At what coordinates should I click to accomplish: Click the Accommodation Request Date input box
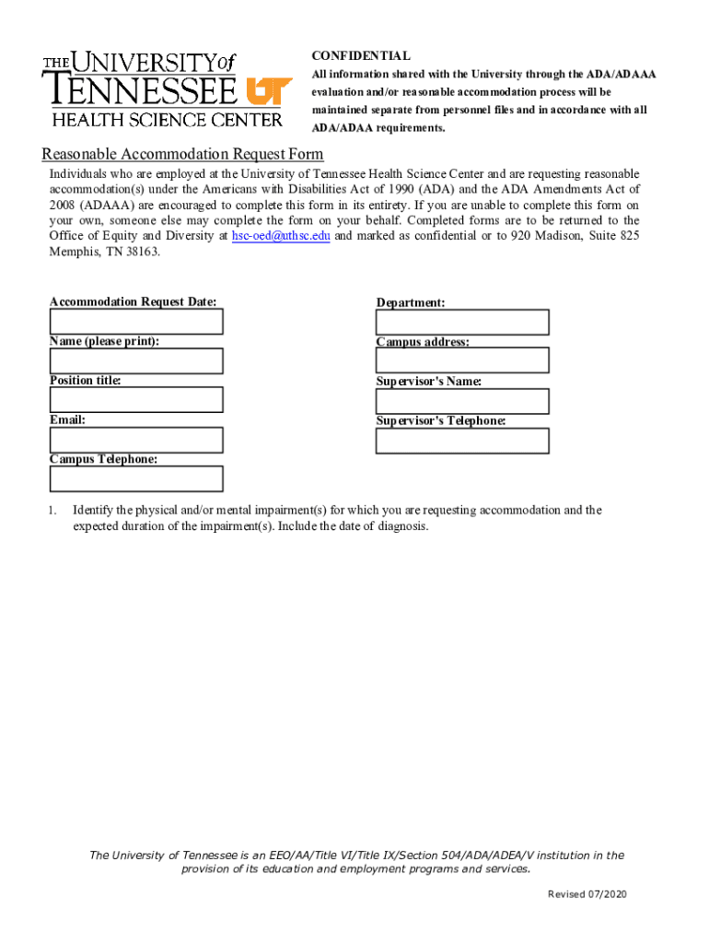[x=136, y=322]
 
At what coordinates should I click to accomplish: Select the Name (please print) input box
[x=136, y=361]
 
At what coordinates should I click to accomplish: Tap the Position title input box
[x=136, y=400]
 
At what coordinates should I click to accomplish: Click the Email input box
[x=136, y=440]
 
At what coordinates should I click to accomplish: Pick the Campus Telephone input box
[x=136, y=479]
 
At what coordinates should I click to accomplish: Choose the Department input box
[x=462, y=323]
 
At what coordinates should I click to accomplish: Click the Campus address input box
[x=462, y=360]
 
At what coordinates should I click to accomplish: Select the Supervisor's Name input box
[x=462, y=402]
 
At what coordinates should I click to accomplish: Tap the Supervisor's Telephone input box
[x=462, y=441]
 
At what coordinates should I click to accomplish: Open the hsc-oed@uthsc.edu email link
[x=281, y=236]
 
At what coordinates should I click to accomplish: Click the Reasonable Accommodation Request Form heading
[x=182, y=154]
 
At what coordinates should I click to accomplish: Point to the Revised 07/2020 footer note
[x=587, y=895]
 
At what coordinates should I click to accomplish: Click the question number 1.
[x=53, y=510]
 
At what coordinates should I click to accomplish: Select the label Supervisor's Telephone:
[x=441, y=421]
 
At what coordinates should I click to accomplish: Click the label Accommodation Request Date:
[x=134, y=301]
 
